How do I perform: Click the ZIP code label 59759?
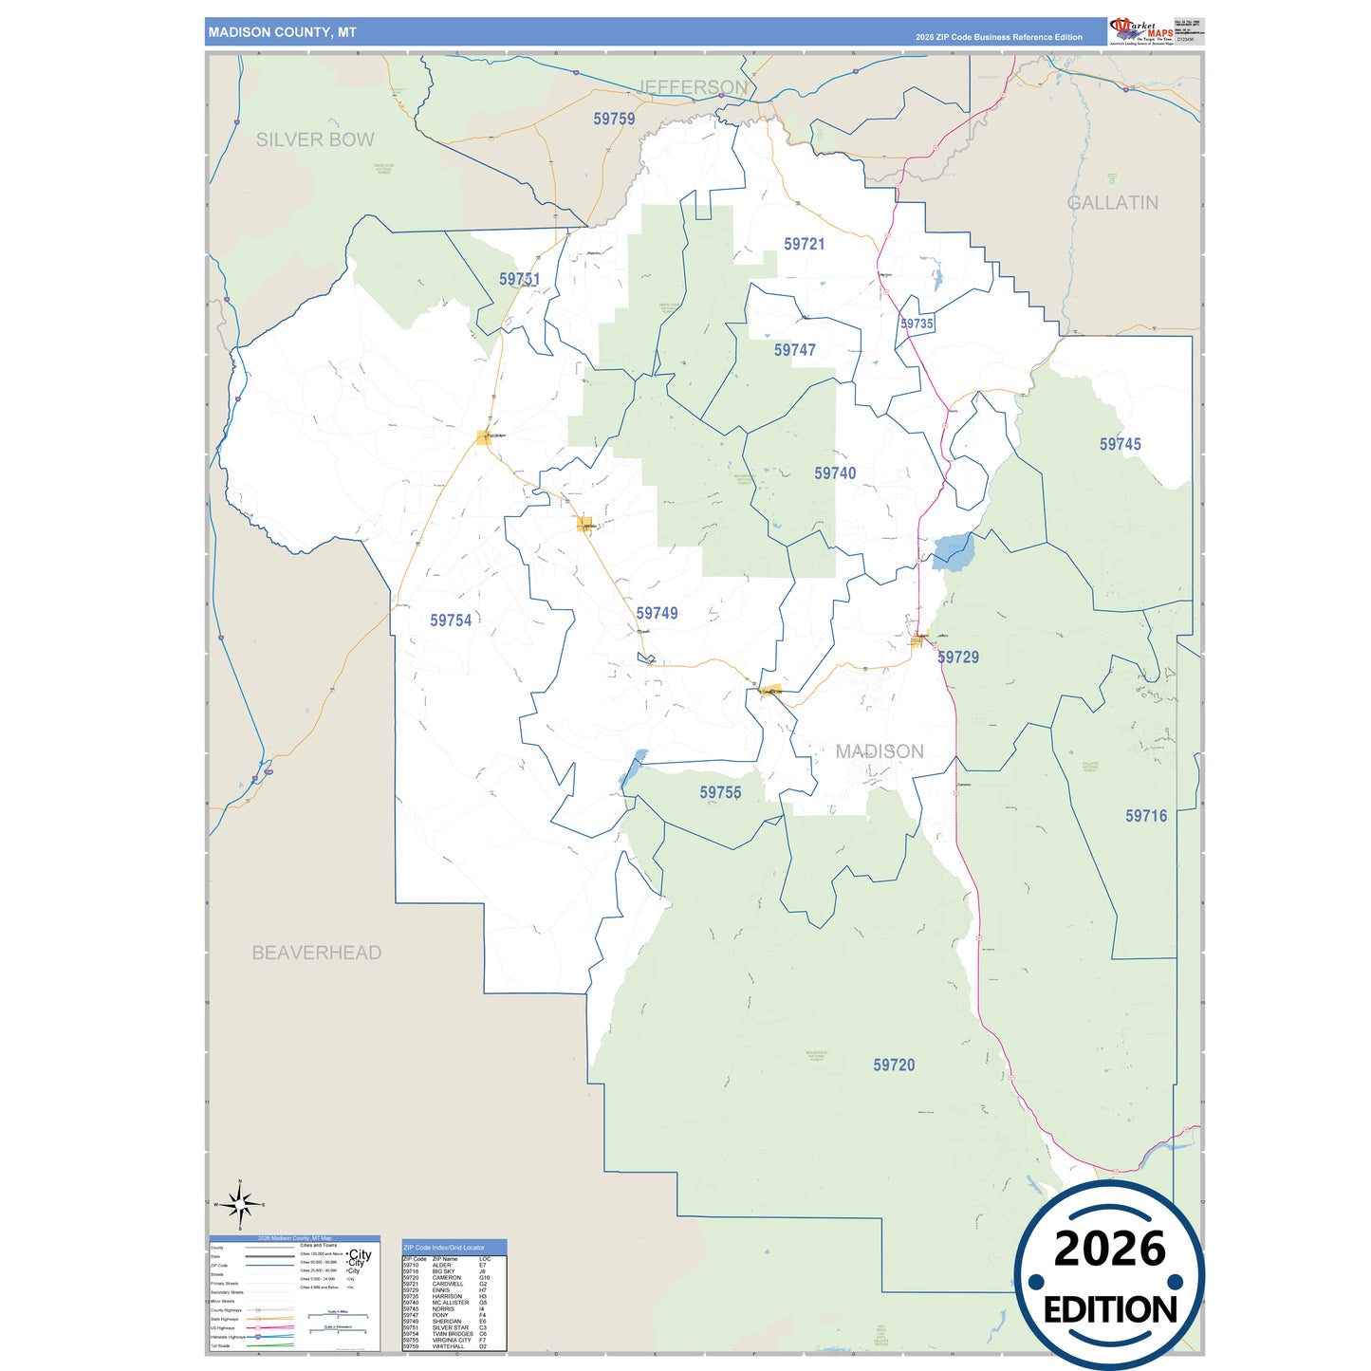pyautogui.click(x=614, y=119)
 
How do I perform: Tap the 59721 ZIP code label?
pyautogui.click(x=804, y=244)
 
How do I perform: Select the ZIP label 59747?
pyautogui.click(x=794, y=350)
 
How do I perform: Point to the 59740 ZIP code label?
pyautogui.click(x=835, y=473)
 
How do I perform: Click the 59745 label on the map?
pyautogui.click(x=1120, y=444)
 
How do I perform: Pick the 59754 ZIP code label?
pyautogui.click(x=450, y=621)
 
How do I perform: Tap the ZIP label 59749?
pyautogui.click(x=657, y=614)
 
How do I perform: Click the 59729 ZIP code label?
pyautogui.click(x=957, y=658)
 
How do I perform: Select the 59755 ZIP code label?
pyautogui.click(x=720, y=792)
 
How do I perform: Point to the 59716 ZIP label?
pyautogui.click(x=1146, y=816)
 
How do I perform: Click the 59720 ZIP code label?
pyautogui.click(x=894, y=1065)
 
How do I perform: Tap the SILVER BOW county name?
pyautogui.click(x=315, y=139)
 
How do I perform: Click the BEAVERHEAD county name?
pyautogui.click(x=316, y=953)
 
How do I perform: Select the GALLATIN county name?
pyautogui.click(x=1113, y=203)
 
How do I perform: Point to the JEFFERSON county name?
pyautogui.click(x=694, y=87)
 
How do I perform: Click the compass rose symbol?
pyautogui.click(x=240, y=1205)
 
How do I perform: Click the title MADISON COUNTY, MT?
pyautogui.click(x=283, y=32)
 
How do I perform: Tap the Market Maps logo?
pyautogui.click(x=1140, y=30)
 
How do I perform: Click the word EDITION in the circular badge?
pyautogui.click(x=1109, y=1310)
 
